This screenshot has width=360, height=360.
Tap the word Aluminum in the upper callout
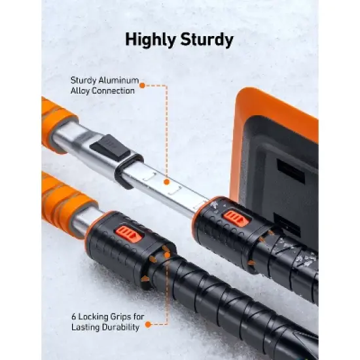[122, 81]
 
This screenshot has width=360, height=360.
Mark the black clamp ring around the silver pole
[129, 169]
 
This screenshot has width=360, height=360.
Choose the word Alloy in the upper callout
[82, 90]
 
